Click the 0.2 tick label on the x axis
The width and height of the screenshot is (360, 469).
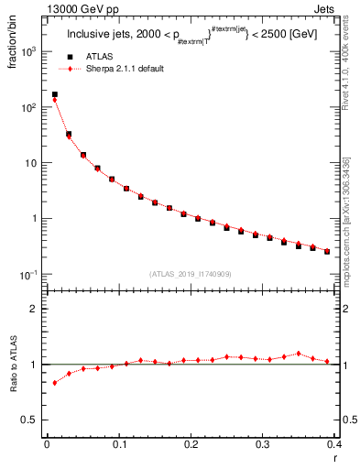(191, 445)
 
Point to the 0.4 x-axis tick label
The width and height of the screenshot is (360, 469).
(334, 445)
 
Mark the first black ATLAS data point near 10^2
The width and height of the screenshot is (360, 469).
(54, 94)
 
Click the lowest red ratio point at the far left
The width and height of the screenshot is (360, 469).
(54, 383)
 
